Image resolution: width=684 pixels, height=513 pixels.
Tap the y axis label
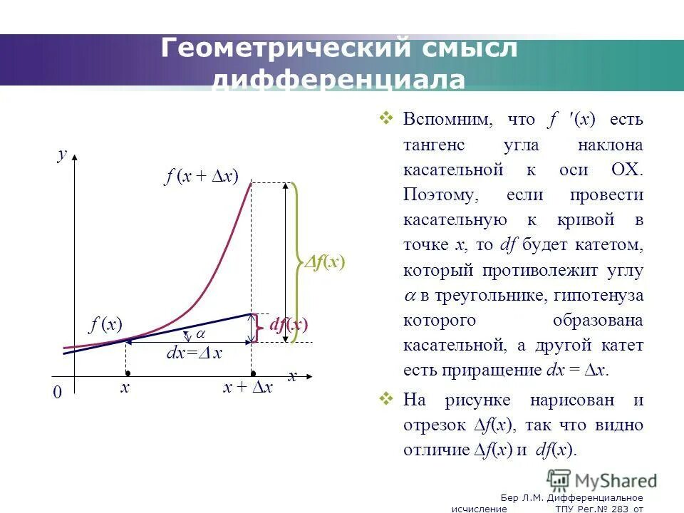(x=62, y=155)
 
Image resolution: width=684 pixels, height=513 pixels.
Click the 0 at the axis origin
(x=58, y=393)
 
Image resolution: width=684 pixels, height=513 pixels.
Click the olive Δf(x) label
(x=325, y=262)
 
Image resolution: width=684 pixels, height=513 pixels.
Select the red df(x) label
(x=288, y=325)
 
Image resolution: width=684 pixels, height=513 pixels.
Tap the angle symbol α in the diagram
(x=200, y=333)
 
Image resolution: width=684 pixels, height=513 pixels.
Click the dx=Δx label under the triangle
(x=194, y=353)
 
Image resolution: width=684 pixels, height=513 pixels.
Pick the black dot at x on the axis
(x=127, y=373)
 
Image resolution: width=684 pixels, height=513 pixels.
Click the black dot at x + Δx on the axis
(x=252, y=373)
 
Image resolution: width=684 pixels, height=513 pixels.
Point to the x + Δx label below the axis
(x=247, y=388)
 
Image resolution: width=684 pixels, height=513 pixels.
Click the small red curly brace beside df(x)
(x=257, y=328)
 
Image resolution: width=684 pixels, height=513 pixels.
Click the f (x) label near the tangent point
(x=105, y=325)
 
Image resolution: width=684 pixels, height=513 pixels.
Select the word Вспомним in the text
(x=447, y=119)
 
